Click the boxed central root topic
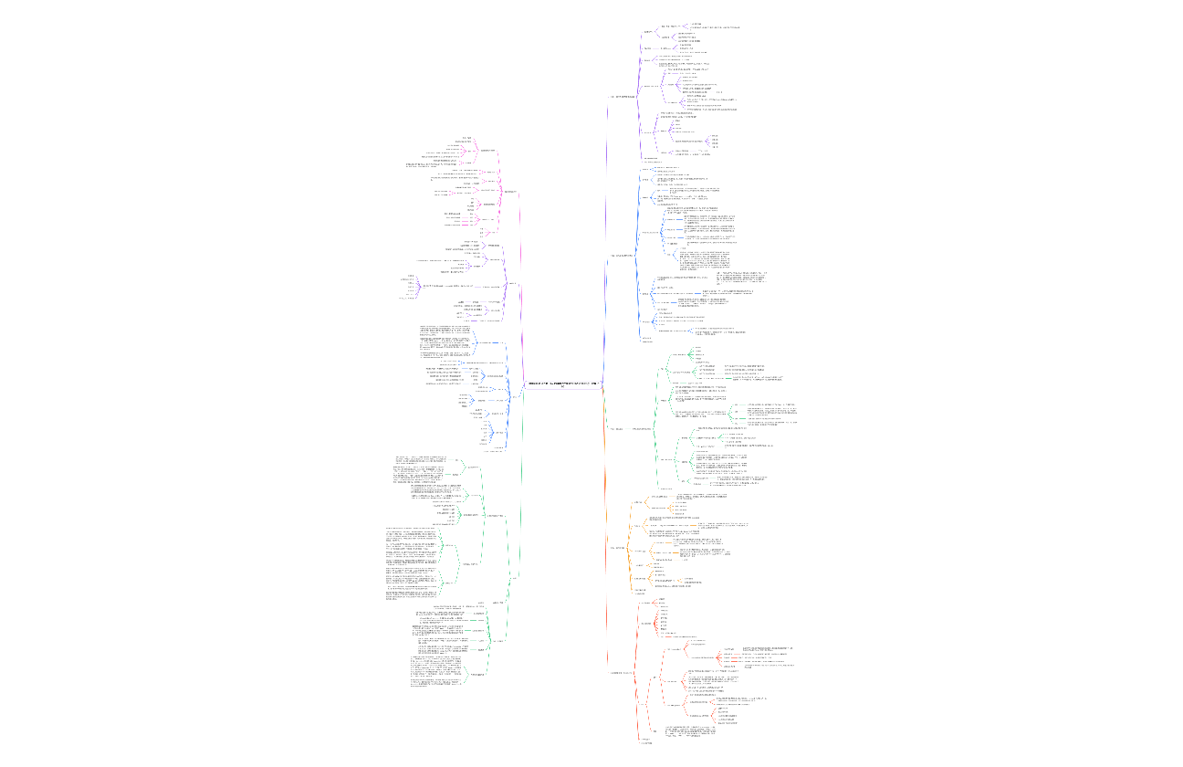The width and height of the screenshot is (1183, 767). click(x=561, y=384)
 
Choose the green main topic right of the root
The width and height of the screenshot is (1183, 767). click(x=617, y=428)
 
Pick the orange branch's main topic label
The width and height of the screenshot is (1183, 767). click(x=618, y=547)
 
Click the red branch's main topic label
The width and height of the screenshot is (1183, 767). click(x=622, y=673)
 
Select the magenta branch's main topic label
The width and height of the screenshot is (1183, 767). click(x=509, y=192)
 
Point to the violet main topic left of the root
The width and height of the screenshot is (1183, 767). click(x=514, y=283)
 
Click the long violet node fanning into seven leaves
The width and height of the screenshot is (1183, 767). click(x=447, y=285)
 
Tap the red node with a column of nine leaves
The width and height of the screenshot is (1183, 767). click(x=646, y=624)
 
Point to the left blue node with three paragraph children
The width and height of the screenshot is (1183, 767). click(x=490, y=342)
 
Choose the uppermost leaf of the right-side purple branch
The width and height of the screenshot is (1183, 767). click(x=696, y=24)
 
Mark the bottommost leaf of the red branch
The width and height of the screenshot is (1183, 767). click(x=646, y=743)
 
